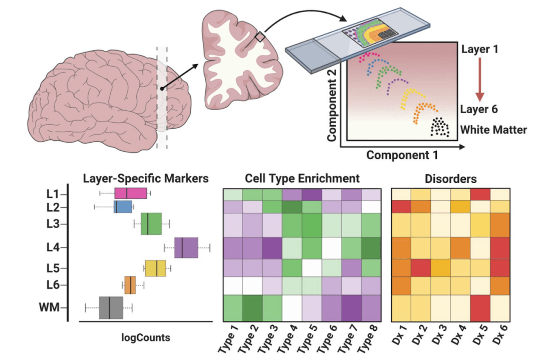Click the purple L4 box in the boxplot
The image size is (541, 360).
coord(186,247)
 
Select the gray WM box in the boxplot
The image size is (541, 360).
coord(111,307)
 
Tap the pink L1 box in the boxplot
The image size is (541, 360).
coord(130,193)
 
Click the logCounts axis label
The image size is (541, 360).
coord(146,337)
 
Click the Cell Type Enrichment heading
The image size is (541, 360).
coord(302,178)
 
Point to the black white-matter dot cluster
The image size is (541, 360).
coord(439,126)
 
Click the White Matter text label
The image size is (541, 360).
coord(493,130)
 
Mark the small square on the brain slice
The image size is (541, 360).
coord(260,37)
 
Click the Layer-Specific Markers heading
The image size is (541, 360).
coord(145,178)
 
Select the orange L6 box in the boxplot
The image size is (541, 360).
coord(130,285)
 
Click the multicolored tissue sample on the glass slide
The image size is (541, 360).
coord(371,34)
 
